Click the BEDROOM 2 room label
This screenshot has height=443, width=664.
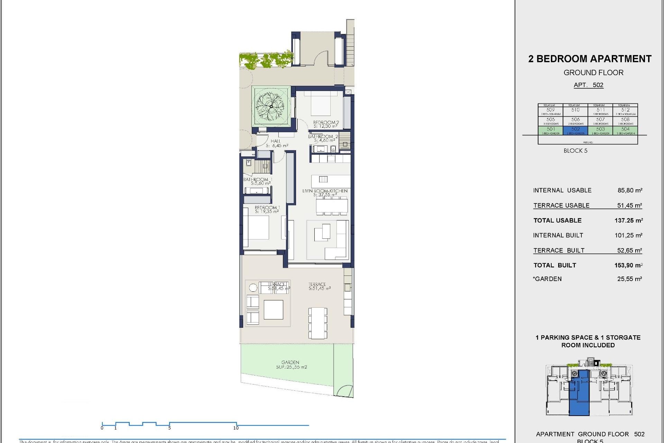click(x=325, y=124)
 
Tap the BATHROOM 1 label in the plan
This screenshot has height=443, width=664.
click(x=257, y=181)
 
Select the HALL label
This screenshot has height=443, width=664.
click(x=276, y=143)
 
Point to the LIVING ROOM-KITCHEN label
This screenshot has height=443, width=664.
click(x=325, y=192)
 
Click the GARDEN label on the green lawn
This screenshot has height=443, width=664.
click(x=290, y=364)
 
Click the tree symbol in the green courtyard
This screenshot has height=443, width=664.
click(x=270, y=106)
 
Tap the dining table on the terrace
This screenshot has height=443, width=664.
click(x=317, y=323)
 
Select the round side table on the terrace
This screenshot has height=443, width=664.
click(x=253, y=287)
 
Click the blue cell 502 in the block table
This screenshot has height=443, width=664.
click(x=575, y=130)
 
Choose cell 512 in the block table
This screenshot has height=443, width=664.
click(x=625, y=111)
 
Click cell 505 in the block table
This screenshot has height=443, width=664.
click(x=551, y=121)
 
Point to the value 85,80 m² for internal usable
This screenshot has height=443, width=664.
click(x=630, y=190)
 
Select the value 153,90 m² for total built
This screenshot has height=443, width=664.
click(x=628, y=265)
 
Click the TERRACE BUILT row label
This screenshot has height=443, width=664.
click(x=559, y=250)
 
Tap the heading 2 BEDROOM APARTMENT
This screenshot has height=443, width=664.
click(x=590, y=59)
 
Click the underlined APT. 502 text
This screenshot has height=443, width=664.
click(x=588, y=85)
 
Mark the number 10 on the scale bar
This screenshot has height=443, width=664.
click(x=236, y=428)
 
